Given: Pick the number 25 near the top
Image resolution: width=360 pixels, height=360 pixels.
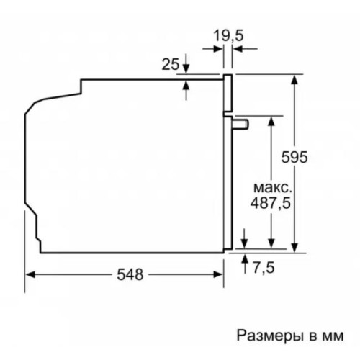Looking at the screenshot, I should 170,66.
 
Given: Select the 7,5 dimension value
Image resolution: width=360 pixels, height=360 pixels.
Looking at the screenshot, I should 264,268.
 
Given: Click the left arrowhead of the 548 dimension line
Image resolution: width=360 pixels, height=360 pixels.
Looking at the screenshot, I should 31,274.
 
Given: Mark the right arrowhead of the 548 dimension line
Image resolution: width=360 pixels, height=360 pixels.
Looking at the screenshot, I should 219,274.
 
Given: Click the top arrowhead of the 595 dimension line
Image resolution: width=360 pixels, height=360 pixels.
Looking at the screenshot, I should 296,78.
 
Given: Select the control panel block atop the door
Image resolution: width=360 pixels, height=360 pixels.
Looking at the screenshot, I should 228,94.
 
